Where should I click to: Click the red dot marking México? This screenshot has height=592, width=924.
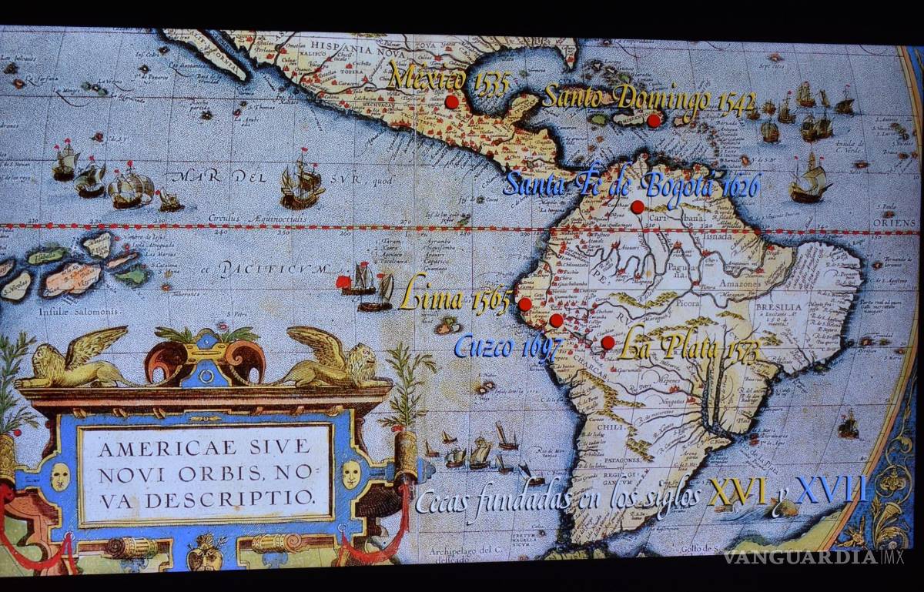452,102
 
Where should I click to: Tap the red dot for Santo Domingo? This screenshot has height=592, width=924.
654,120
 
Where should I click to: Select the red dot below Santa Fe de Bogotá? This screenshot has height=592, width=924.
638,206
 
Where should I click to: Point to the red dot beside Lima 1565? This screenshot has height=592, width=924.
524,304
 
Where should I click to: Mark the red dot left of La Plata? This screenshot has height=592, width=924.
608,342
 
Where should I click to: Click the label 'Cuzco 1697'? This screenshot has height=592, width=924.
507,346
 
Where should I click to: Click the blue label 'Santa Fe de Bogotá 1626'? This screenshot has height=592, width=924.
631,186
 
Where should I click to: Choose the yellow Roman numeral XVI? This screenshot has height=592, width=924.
737,490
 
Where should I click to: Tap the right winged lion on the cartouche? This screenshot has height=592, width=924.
333,360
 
